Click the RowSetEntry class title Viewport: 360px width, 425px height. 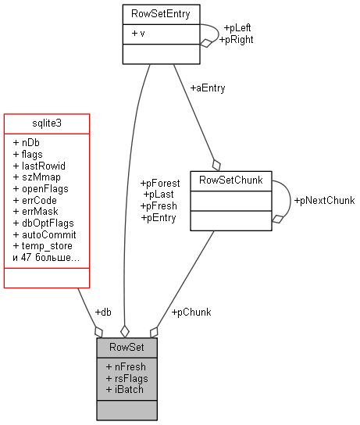click(161, 13)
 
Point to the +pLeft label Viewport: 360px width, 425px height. click(238, 27)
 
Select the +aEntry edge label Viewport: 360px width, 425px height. click(207, 88)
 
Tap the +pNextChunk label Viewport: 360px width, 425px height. click(324, 201)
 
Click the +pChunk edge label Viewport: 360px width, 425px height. click(191, 312)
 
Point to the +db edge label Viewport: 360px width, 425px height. click(102, 312)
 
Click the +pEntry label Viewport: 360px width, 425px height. click(158, 217)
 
